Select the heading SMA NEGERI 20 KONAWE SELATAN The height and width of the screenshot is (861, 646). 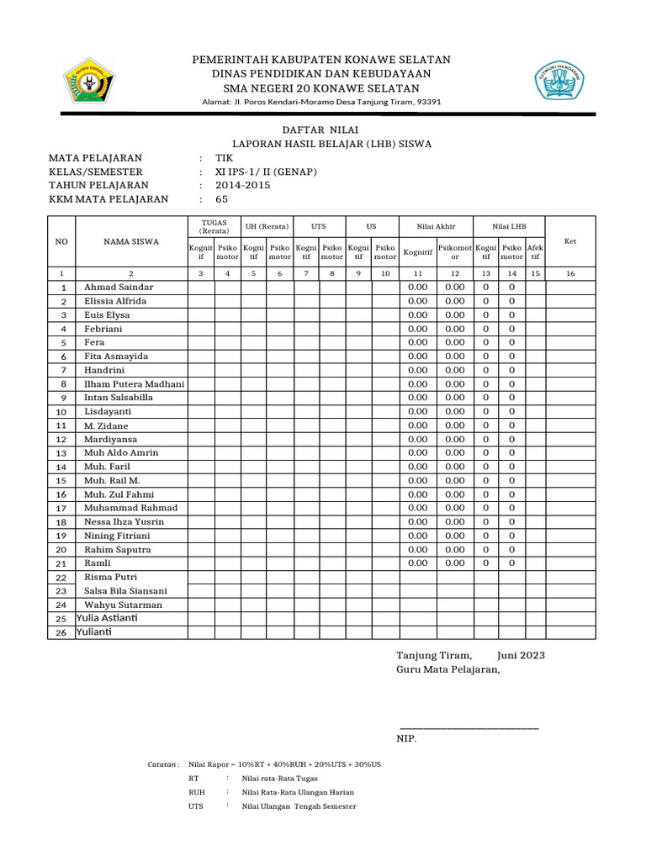click(x=321, y=88)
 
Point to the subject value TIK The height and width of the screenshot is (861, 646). click(x=225, y=158)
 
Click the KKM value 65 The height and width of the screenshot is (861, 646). click(x=222, y=199)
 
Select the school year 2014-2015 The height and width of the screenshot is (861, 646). click(x=243, y=185)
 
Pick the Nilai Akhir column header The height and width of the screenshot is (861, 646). click(x=427, y=226)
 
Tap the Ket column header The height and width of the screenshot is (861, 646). click(x=570, y=241)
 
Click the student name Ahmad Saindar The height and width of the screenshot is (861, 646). click(x=119, y=288)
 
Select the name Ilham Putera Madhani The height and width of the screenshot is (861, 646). click(x=134, y=383)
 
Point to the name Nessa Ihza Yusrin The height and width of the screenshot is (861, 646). click(x=124, y=522)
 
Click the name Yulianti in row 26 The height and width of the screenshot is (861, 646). click(x=93, y=632)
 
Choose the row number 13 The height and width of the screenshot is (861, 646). click(x=61, y=453)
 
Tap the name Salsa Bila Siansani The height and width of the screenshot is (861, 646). click(x=125, y=591)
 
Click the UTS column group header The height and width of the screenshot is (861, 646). click(x=319, y=226)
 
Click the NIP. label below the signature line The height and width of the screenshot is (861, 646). click(x=406, y=739)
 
